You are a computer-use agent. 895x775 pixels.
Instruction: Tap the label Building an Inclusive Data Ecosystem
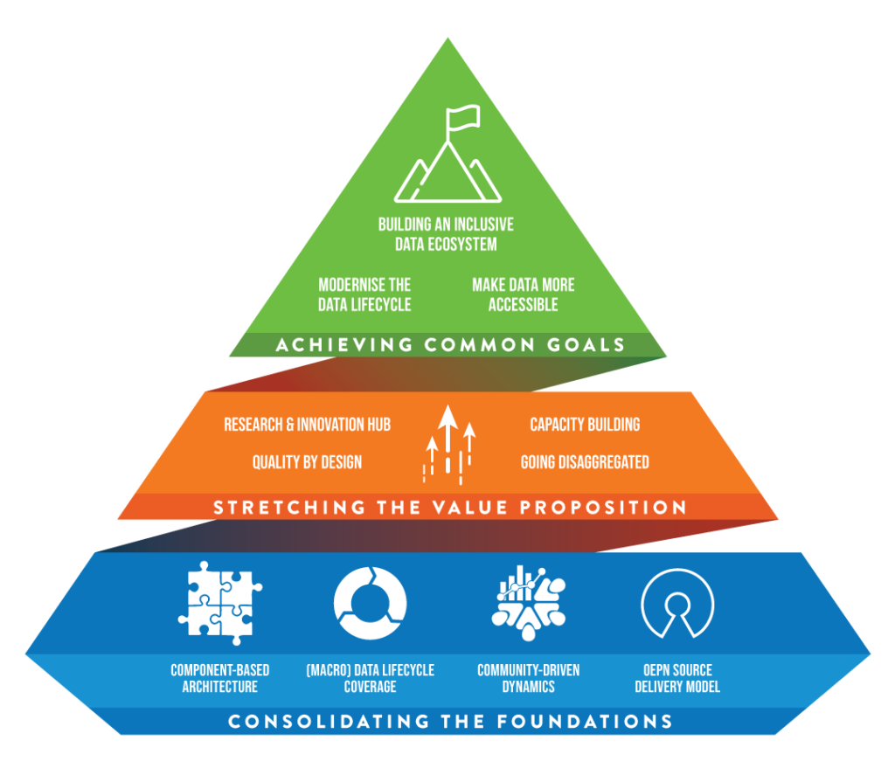[x=446, y=234]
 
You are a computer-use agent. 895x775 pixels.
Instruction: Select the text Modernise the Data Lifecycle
[x=364, y=295]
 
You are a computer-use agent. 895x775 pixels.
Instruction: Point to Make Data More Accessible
[x=524, y=295]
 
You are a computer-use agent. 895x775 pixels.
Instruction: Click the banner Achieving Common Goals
[x=450, y=345]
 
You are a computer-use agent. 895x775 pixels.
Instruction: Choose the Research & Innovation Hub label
[x=307, y=425]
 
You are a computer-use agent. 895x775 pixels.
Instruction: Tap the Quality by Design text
[x=307, y=461]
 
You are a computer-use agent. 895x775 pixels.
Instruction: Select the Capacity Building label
[x=585, y=425]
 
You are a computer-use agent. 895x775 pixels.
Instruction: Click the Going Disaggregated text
[x=585, y=461]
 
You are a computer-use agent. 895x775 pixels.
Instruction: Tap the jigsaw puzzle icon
[x=219, y=602]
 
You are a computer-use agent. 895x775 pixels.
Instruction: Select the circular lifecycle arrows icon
[x=370, y=602]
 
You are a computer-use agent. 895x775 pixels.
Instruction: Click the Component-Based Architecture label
[x=220, y=679]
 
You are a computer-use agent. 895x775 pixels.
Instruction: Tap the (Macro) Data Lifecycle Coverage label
[x=370, y=679]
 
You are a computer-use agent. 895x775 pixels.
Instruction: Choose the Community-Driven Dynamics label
[x=528, y=679]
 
